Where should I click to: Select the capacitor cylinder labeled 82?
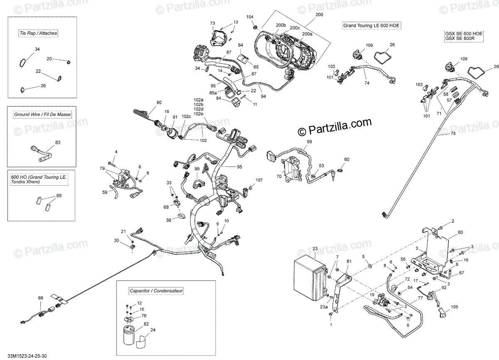129,335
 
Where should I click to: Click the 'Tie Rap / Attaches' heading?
38,33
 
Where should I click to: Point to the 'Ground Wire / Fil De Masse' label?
42,114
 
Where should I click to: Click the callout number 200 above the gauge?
319,15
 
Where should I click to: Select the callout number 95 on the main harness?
239,167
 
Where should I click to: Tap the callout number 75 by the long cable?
453,133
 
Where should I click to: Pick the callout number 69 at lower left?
40,298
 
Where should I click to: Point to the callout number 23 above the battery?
315,249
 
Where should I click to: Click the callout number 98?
309,142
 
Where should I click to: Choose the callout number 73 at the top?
212,23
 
